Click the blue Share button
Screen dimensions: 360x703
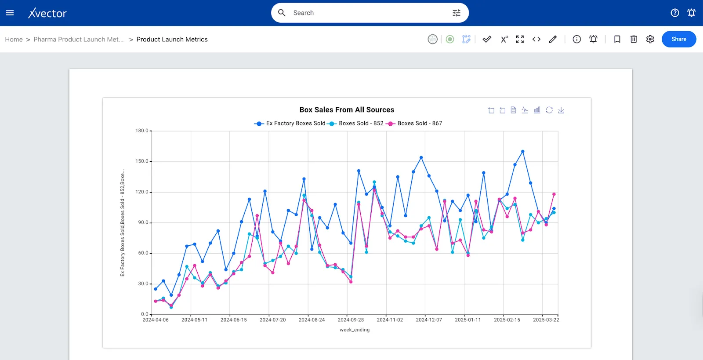pyautogui.click(x=678, y=39)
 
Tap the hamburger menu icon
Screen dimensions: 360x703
pyautogui.click(x=10, y=13)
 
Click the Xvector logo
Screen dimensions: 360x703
pyautogui.click(x=47, y=13)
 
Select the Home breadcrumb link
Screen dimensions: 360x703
pyautogui.click(x=14, y=39)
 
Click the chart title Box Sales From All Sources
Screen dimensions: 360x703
pyautogui.click(x=347, y=110)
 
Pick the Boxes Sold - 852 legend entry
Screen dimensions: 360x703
pyautogui.click(x=356, y=124)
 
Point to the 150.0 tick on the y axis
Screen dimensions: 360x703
pyautogui.click(x=141, y=161)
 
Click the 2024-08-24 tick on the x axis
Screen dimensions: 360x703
pyautogui.click(x=312, y=320)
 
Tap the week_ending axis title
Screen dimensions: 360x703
pyautogui.click(x=354, y=330)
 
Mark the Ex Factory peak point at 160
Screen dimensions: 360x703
pyautogui.click(x=522, y=152)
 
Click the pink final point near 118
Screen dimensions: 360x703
pyautogui.click(x=554, y=194)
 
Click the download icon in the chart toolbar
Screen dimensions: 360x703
pyautogui.click(x=561, y=110)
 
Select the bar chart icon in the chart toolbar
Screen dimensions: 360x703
pyautogui.click(x=537, y=110)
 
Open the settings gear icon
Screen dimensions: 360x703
pyautogui.click(x=650, y=39)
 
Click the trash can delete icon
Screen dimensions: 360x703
pyautogui.click(x=633, y=39)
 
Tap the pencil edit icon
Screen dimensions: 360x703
pyautogui.click(x=553, y=39)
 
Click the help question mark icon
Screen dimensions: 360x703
pyautogui.click(x=674, y=13)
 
